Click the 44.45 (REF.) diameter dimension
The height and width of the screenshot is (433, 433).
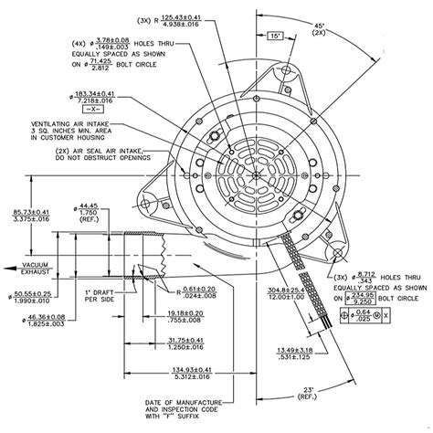pos(89,213)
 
